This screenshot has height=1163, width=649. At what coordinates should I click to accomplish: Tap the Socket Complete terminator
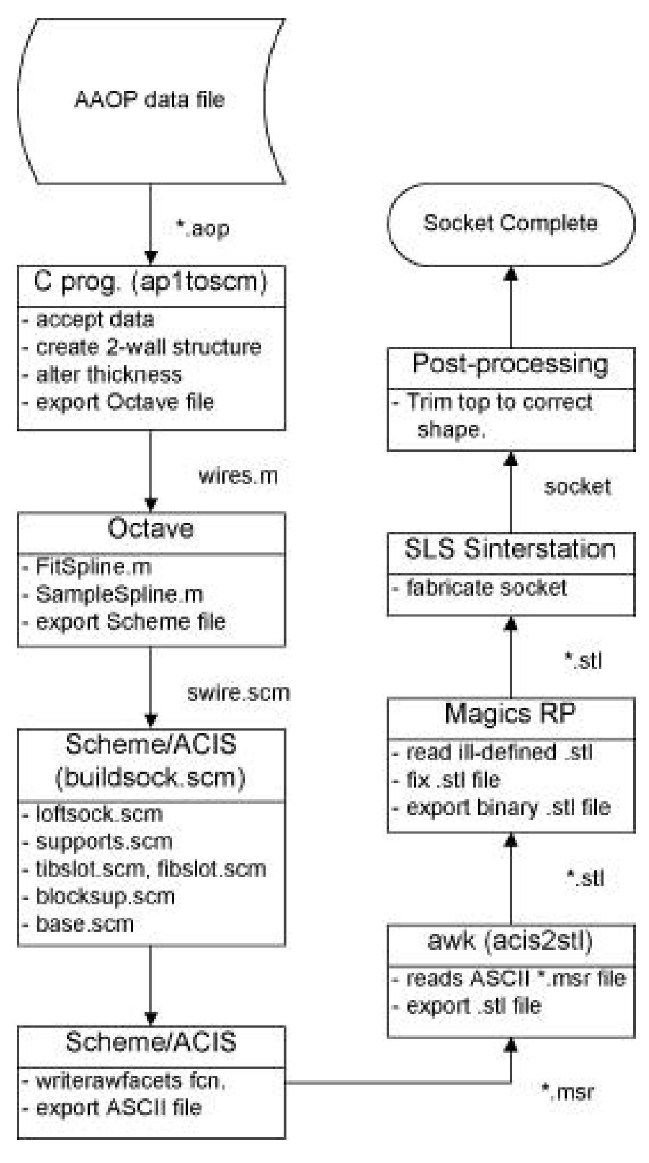tap(510, 223)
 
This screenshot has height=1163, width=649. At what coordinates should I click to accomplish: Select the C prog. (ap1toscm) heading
tap(151, 283)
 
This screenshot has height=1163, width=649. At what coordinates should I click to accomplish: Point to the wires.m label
tap(238, 476)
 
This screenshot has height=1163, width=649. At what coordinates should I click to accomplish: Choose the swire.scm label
tap(238, 693)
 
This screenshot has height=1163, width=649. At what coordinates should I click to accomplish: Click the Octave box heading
tap(151, 529)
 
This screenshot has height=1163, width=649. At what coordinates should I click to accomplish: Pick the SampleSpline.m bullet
tap(119, 594)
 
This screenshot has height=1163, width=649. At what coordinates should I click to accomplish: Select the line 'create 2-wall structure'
tap(148, 347)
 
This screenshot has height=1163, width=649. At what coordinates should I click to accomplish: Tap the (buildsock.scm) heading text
tap(151, 778)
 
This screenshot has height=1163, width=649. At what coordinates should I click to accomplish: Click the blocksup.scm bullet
tap(105, 896)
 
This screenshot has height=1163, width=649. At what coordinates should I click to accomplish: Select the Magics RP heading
tap(510, 713)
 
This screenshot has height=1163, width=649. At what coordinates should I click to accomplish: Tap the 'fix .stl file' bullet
tap(452, 779)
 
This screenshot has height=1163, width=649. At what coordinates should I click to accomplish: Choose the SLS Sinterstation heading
tap(510, 549)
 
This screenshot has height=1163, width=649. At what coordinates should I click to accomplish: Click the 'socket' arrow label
tap(577, 487)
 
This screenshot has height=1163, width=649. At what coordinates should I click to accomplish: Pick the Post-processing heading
tap(510, 364)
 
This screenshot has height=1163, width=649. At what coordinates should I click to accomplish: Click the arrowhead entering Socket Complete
tap(510, 272)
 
